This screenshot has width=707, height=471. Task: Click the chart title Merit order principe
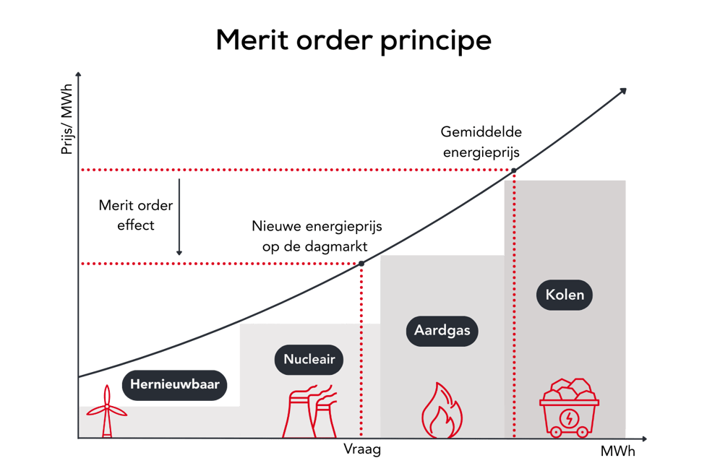coord(353,41)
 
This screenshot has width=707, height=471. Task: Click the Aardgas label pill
coord(442,330)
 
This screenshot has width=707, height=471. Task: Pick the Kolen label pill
coord(565,295)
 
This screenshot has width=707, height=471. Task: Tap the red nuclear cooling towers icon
coord(313,411)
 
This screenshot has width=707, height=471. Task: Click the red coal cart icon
coord(569,409)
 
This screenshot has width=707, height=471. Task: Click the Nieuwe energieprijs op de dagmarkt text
coord(317,236)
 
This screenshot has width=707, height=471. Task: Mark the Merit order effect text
coord(136,215)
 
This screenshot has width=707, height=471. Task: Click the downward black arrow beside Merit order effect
coord(179,217)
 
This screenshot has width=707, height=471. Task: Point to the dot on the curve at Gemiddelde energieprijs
coord(514,170)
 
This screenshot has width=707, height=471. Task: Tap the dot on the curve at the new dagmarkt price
coord(361,264)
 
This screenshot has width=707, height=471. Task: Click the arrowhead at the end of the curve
coord(622,90)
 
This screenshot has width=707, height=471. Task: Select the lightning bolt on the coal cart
coord(570,418)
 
